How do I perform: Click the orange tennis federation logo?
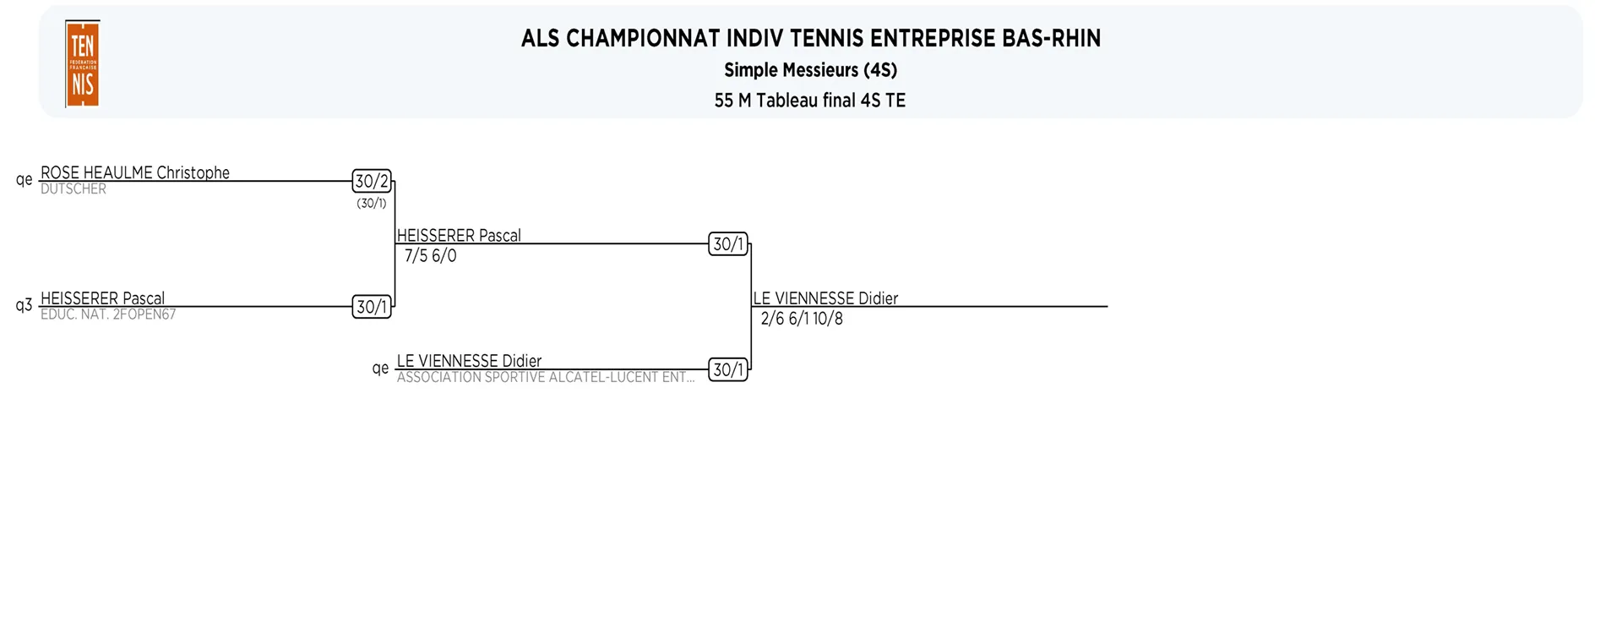click(x=83, y=64)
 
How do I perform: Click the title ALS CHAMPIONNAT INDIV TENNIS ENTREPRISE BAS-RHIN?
click(x=811, y=39)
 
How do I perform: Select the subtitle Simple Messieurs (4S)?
click(x=810, y=70)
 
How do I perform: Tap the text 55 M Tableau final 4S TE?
click(x=810, y=101)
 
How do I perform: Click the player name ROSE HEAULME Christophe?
click(x=135, y=172)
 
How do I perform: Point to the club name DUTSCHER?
click(x=73, y=189)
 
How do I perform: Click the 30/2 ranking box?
click(x=372, y=181)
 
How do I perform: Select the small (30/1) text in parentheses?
click(x=372, y=204)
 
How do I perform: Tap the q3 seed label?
click(x=24, y=305)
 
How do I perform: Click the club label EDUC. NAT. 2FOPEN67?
click(x=108, y=314)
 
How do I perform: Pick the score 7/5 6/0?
click(x=431, y=256)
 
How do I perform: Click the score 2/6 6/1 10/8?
click(x=802, y=319)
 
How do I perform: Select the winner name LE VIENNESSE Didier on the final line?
click(x=825, y=298)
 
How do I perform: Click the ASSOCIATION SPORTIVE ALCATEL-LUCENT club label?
click(x=546, y=378)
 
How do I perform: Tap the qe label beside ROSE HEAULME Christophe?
click(x=24, y=179)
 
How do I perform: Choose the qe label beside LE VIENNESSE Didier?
click(x=381, y=368)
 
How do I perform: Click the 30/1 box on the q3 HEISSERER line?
click(x=372, y=307)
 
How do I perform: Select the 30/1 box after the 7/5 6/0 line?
click(x=728, y=244)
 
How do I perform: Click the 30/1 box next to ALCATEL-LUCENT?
click(x=728, y=369)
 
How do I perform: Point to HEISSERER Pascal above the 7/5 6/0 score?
click(x=459, y=236)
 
